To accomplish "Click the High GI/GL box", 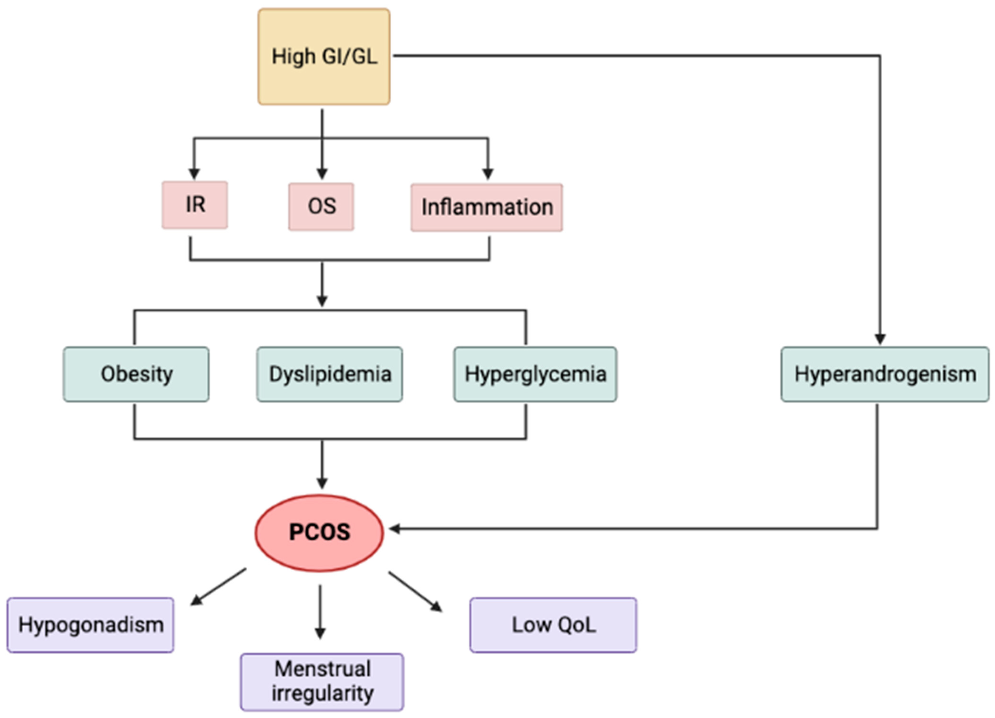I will (x=324, y=56).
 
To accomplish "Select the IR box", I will (x=195, y=205).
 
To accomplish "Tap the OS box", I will (x=321, y=206).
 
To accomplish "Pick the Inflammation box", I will (x=486, y=207).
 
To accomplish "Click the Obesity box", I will (x=136, y=374).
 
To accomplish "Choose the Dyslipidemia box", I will (x=329, y=374).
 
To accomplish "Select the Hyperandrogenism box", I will (x=885, y=374).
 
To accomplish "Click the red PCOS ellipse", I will (x=319, y=532).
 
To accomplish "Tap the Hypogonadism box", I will (x=90, y=625).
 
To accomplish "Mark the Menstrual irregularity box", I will (x=322, y=682).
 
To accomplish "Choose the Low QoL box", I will (x=553, y=625).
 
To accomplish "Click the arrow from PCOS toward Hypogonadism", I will (x=218, y=587).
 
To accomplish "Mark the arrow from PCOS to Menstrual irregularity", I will (x=320, y=612).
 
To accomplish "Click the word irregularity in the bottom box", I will (x=322, y=693).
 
